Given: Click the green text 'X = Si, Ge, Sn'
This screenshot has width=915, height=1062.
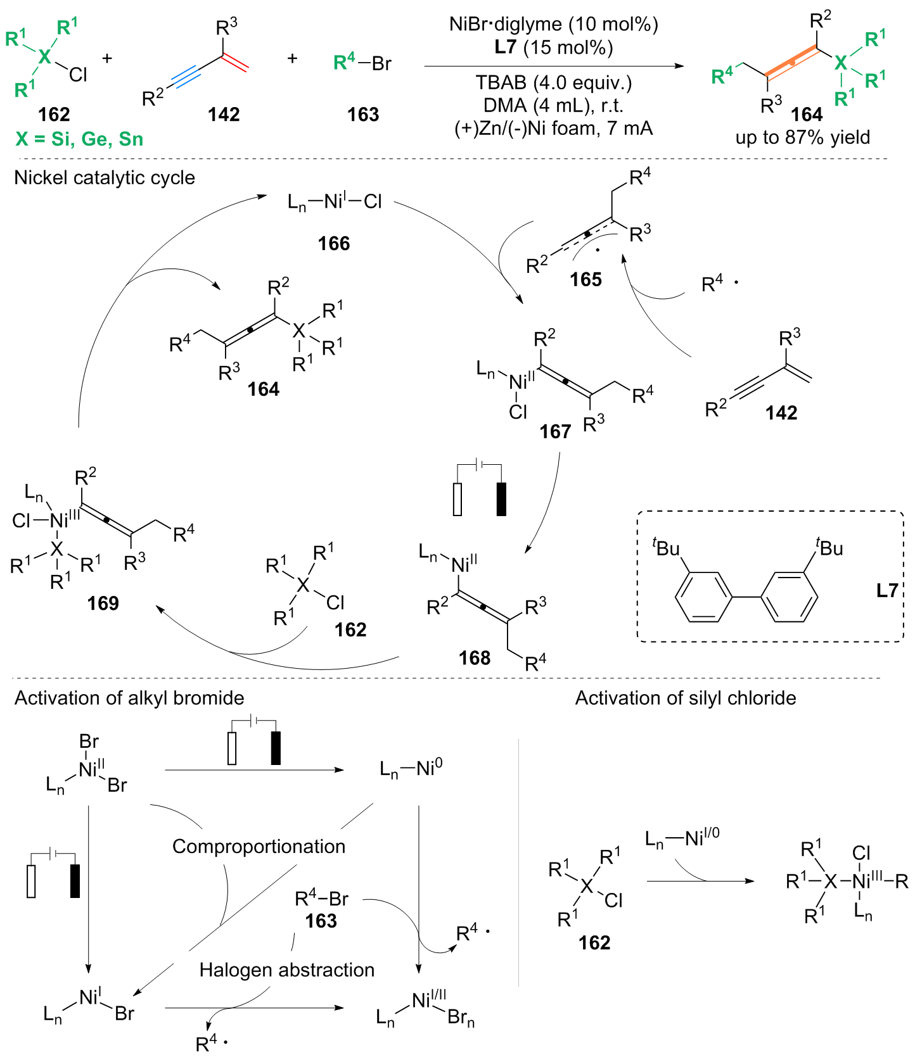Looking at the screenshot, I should pos(80,139).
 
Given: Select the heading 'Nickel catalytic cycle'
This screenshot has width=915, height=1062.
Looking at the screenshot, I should pos(105,178).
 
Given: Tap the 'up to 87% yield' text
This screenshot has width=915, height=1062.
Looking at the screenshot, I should pos(803,137).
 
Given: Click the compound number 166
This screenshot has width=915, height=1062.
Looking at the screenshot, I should pos(334,244).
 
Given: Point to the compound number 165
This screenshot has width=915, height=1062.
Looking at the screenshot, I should pos(585,279).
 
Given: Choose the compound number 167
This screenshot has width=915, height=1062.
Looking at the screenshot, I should pos(555,432).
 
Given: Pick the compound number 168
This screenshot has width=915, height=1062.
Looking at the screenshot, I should pos(475,658).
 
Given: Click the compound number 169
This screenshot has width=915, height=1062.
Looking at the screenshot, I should pos(103,603).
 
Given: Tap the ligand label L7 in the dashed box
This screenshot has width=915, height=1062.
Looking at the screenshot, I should pos(887,591).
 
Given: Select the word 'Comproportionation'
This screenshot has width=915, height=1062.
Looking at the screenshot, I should pos(259,847).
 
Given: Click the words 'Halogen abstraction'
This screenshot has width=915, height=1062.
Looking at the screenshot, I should pos(287,970).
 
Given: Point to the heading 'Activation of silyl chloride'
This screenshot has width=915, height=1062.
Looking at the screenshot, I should pos(686,698).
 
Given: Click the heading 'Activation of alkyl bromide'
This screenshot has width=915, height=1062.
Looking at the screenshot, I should pos(129,698).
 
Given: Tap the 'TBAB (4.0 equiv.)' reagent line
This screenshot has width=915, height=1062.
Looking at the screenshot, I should pos(554,83).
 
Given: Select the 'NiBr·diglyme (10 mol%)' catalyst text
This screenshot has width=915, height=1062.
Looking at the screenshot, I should pos(554,25).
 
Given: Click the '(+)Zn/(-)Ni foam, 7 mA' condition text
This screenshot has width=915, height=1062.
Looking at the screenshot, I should pos(554,129).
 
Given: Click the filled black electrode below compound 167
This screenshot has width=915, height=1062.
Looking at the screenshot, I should pos(501,499).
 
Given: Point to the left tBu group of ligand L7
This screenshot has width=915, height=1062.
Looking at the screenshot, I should pos(666,547).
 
